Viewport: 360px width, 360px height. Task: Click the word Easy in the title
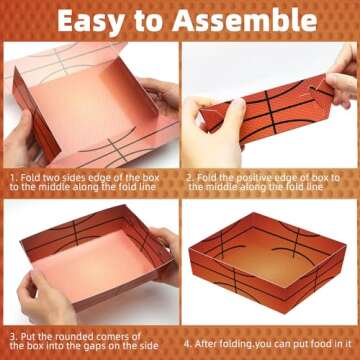(x=91, y=19)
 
